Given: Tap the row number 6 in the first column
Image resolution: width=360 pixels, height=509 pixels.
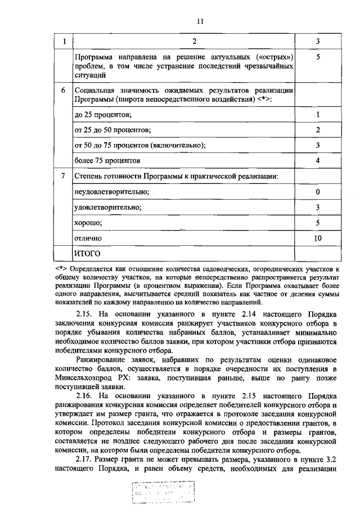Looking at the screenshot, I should [x=63, y=91].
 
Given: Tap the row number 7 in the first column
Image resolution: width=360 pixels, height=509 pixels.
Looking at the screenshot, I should [x=63, y=177].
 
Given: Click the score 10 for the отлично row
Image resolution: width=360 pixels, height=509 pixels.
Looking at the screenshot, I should [x=318, y=238].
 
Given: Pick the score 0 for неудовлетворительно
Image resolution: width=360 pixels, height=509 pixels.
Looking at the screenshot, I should [x=318, y=192].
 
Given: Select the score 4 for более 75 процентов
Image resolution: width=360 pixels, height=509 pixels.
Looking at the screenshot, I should [x=318, y=161].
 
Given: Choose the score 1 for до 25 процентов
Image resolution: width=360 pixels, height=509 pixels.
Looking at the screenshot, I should [x=318, y=115].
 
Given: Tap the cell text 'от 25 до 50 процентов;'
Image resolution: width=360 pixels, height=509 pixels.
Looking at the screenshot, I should [x=110, y=130].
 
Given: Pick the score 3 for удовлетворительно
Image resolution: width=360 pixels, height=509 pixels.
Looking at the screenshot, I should [x=318, y=208].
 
